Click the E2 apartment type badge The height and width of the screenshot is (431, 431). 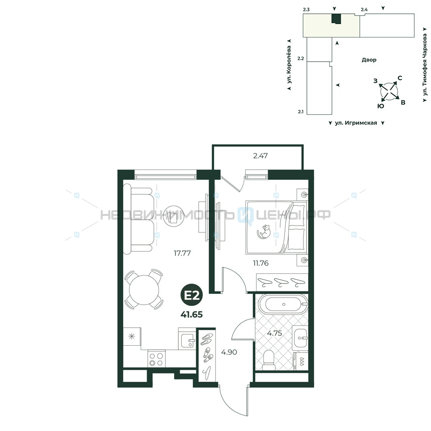pyautogui.click(x=192, y=296)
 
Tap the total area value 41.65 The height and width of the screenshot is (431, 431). pyautogui.click(x=192, y=314)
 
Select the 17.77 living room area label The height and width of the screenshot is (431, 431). pyautogui.click(x=182, y=253)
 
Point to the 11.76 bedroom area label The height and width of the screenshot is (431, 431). pyautogui.click(x=261, y=263)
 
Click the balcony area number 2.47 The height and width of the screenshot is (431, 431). pyautogui.click(x=260, y=156)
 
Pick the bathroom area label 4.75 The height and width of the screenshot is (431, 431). pyautogui.click(x=275, y=333)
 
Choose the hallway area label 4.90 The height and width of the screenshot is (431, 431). pyautogui.click(x=229, y=352)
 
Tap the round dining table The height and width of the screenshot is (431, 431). pyautogui.click(x=144, y=290)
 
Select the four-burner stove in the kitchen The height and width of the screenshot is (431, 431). pyautogui.click(x=156, y=359)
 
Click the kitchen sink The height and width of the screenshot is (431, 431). pyautogui.click(x=187, y=341)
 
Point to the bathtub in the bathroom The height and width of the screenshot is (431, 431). pyautogui.click(x=283, y=304)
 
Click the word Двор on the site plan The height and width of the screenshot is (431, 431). pyautogui.click(x=369, y=60)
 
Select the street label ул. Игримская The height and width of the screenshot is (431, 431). pyautogui.click(x=356, y=123)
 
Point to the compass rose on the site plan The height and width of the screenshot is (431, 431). pyautogui.click(x=389, y=91)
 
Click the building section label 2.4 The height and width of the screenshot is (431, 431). pyautogui.click(x=364, y=9)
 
